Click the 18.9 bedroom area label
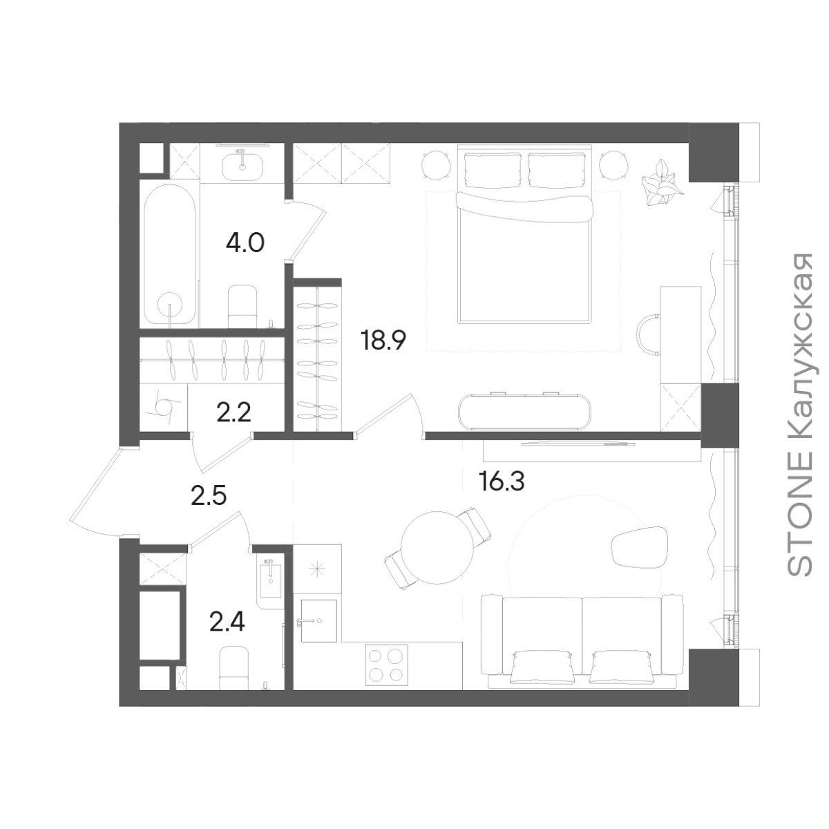pos(385,341)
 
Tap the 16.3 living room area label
pos(501,481)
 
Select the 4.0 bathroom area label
pos(245,243)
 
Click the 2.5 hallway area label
pos(209,497)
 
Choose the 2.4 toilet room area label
pos(227,622)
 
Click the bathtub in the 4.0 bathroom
pos(170,255)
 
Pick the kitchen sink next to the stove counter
pos(318,620)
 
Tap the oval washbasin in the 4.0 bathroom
pos(242,167)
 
